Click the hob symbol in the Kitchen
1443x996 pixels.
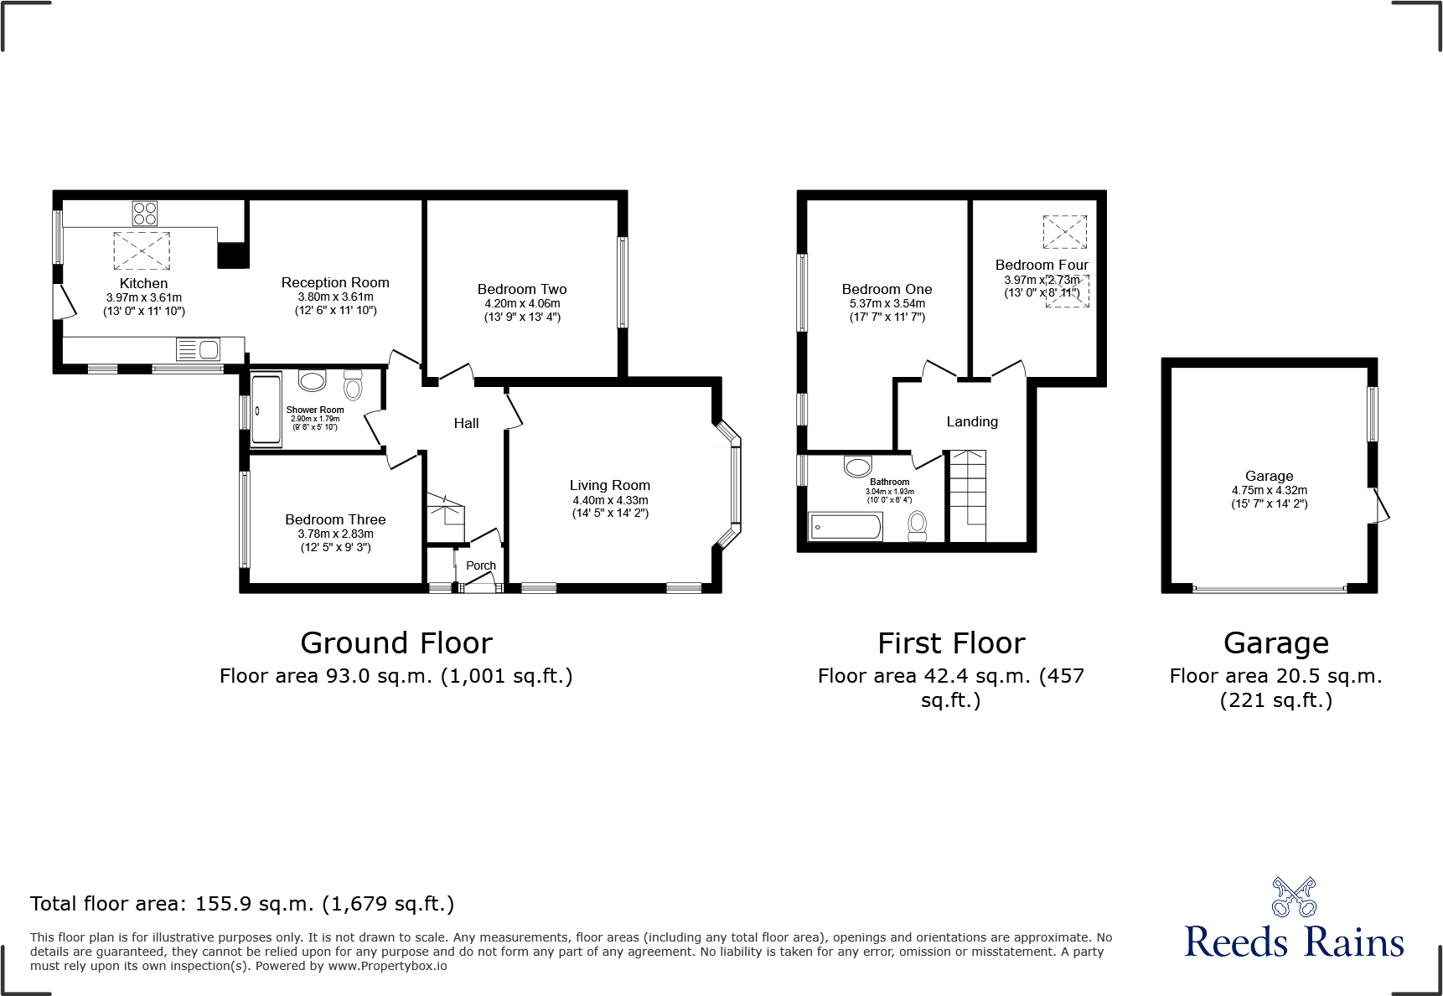tap(144, 213)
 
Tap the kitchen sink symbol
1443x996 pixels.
tap(198, 348)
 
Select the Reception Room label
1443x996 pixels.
tap(335, 282)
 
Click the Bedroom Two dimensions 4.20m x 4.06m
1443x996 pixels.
tap(522, 303)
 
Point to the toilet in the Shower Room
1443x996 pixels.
tap(353, 386)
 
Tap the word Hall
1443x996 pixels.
tap(466, 423)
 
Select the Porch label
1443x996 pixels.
tap(481, 565)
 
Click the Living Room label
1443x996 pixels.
tap(609, 485)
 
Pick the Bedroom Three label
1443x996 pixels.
tap(335, 519)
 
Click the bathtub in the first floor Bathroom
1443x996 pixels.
tap(845, 527)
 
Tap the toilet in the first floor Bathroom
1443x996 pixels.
tap(918, 524)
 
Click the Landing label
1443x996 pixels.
tap(972, 421)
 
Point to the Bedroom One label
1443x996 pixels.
tap(887, 289)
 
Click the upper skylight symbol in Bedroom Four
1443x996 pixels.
tap(1064, 232)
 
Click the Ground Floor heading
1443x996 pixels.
tap(396, 643)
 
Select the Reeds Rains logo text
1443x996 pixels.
tap(1294, 942)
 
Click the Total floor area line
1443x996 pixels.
tap(242, 904)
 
